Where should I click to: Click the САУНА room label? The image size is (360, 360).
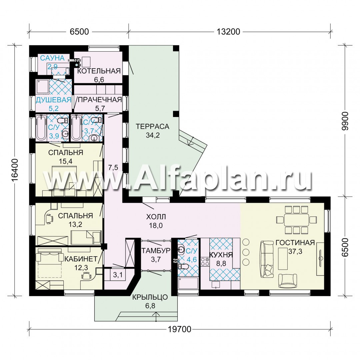(x=52, y=58)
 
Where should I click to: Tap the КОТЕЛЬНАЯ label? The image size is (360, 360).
(x=99, y=71)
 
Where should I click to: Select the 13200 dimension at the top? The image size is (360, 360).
(x=228, y=31)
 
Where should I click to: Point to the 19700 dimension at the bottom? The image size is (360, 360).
(x=180, y=329)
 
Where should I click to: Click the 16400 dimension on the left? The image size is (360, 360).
(x=15, y=170)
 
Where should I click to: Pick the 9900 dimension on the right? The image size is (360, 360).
(x=345, y=121)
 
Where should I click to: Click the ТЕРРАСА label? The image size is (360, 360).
(x=152, y=126)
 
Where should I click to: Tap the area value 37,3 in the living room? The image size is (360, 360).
(x=295, y=251)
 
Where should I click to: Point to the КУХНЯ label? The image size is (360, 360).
(x=221, y=255)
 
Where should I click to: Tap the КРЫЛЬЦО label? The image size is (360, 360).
(x=150, y=297)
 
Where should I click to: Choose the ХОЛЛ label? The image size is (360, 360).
(x=156, y=217)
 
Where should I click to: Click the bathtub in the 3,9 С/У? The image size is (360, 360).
(x=41, y=128)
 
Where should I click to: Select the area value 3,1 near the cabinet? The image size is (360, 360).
(x=118, y=274)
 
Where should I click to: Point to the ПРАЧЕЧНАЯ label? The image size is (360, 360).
(x=100, y=100)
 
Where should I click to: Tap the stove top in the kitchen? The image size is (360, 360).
(x=205, y=262)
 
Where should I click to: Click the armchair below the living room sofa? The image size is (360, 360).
(x=287, y=280)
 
